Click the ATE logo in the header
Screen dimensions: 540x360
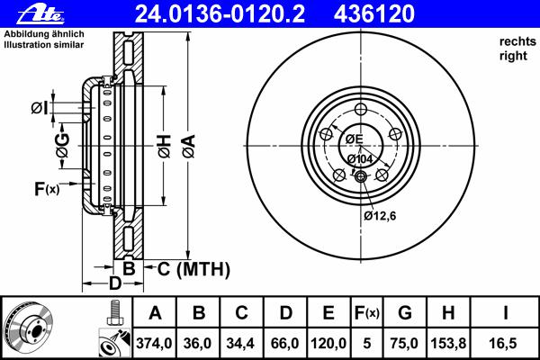pyautogui.click(x=41, y=14)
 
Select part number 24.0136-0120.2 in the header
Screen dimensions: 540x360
pyautogui.click(x=220, y=14)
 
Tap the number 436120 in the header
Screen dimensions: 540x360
pyautogui.click(x=374, y=14)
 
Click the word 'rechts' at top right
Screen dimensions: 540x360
pyautogui.click(x=517, y=41)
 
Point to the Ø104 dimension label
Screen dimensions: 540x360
pyautogui.click(x=360, y=159)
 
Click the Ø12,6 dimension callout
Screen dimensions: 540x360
pyautogui.click(x=380, y=216)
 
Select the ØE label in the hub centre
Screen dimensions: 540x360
pyautogui.click(x=355, y=139)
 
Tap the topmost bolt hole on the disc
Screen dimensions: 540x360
pyautogui.click(x=361, y=110)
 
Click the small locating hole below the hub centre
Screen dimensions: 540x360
pyautogui.click(x=361, y=176)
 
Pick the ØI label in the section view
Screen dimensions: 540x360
pyautogui.click(x=40, y=108)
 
